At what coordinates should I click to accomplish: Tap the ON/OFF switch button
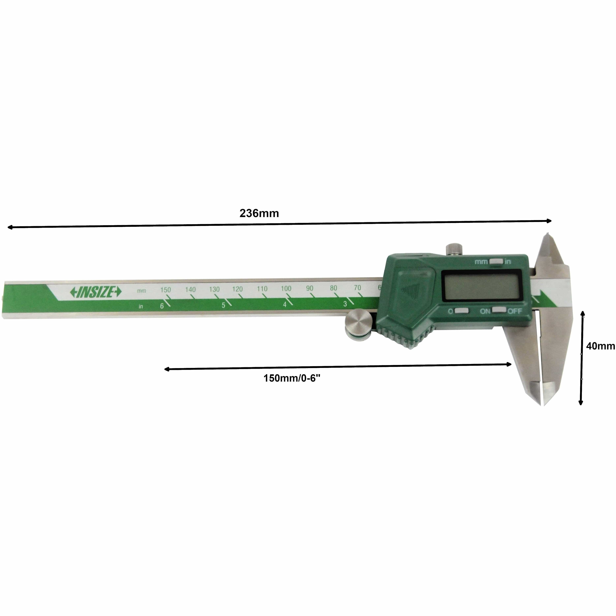coord(499,310)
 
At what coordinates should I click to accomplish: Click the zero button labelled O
coord(461,311)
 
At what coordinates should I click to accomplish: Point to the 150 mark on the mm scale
coord(165,290)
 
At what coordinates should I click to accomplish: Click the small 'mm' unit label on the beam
coord(142,291)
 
